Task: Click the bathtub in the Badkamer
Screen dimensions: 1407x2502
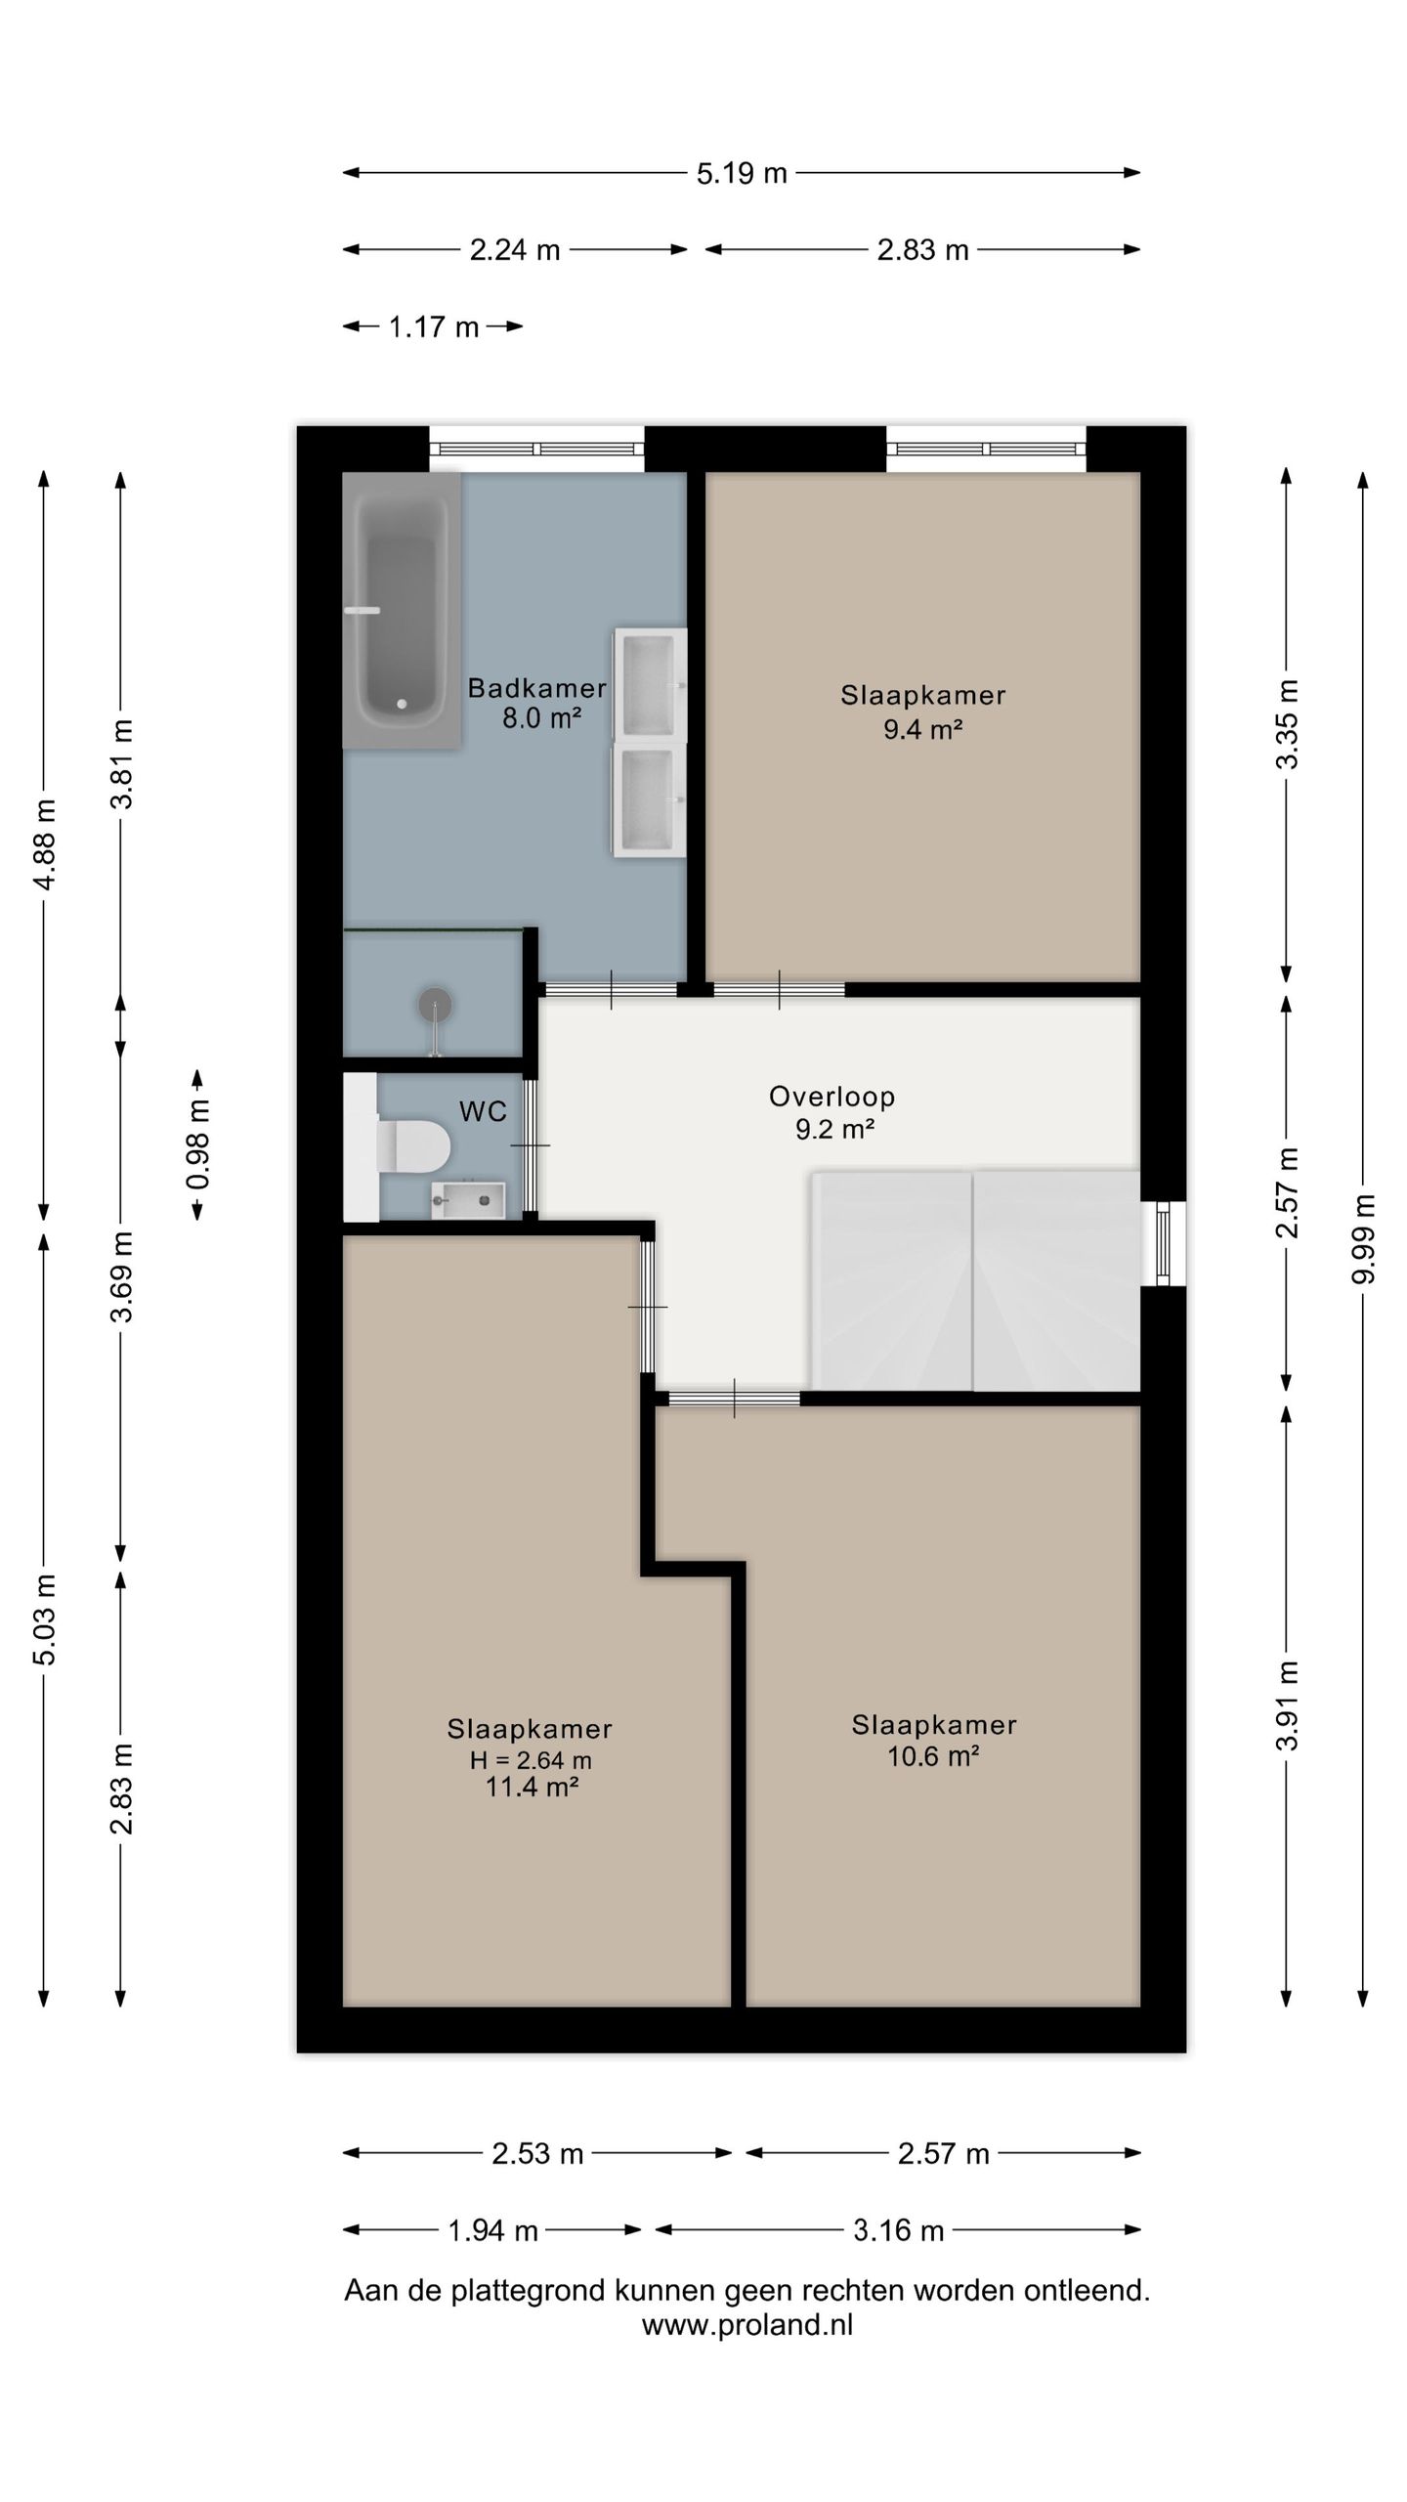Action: point(401,610)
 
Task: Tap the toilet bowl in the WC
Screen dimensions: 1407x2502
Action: point(412,1144)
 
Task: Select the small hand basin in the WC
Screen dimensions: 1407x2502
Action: point(468,1200)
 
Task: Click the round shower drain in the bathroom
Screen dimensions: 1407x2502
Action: point(435,1004)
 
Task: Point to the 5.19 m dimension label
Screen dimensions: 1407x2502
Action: point(742,173)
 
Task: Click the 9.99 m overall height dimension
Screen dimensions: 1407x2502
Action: point(1364,1239)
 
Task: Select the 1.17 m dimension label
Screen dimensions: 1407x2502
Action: point(434,326)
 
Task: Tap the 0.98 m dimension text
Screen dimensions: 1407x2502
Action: point(198,1144)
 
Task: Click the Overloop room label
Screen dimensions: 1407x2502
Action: point(832,1097)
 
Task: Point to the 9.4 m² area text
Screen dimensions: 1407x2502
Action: point(923,729)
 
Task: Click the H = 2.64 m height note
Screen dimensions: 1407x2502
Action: point(531,1761)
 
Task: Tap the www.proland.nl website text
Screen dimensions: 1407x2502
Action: point(747,2325)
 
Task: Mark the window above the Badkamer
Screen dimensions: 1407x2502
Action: point(536,450)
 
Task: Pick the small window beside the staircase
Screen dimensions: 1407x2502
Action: point(1163,1243)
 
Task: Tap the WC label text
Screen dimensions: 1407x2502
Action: point(484,1111)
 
